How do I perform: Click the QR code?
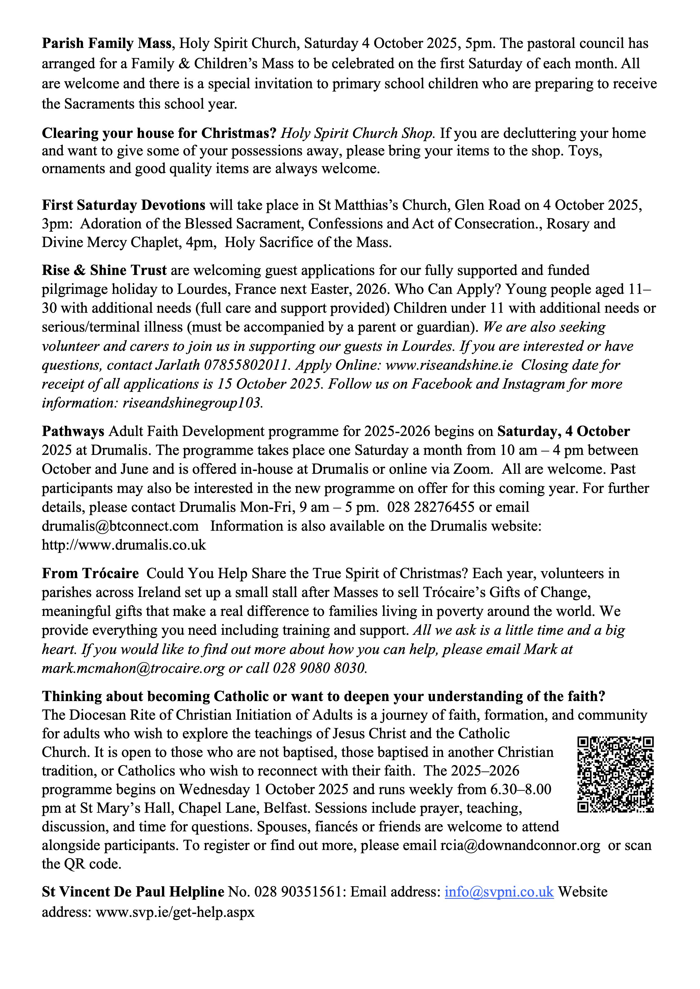click(615, 774)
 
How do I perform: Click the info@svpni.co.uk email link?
click(499, 892)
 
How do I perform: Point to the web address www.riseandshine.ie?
click(449, 365)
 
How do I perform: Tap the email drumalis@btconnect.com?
click(120, 526)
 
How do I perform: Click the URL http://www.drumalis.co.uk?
click(124, 545)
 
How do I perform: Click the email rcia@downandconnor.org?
click(520, 845)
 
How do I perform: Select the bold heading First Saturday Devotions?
click(123, 205)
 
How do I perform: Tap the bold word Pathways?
click(73, 431)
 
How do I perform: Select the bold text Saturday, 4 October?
click(563, 431)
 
